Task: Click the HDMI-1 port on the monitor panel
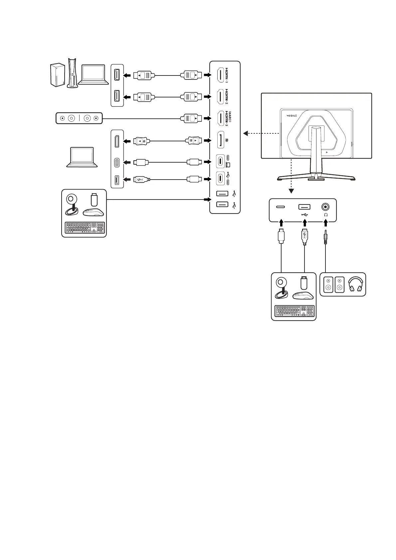click(220, 75)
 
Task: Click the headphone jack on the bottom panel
click(325, 207)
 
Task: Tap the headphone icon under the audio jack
click(325, 215)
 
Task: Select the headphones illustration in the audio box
click(355, 285)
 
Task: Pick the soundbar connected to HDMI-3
click(79, 118)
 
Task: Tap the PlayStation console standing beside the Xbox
click(72, 73)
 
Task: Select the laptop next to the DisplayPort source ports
click(82, 157)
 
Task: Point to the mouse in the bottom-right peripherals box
click(302, 296)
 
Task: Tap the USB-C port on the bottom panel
click(280, 207)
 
